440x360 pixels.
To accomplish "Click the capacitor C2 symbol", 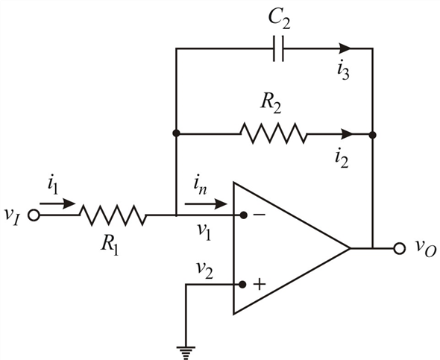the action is [x=278, y=48].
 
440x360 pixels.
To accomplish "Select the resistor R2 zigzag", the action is [x=274, y=133].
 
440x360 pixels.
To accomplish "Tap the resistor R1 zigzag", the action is [x=113, y=215].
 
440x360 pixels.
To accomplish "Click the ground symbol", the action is [x=186, y=353].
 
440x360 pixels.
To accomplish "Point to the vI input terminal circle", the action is [x=34, y=215].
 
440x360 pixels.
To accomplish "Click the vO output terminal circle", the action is [x=399, y=248].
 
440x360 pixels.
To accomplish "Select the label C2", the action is [x=279, y=20].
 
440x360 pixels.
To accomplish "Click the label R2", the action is [x=271, y=104].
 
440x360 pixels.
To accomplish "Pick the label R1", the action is [x=110, y=245].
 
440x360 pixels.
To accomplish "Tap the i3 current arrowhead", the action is [x=345, y=48].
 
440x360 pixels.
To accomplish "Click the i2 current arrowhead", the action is [x=347, y=133].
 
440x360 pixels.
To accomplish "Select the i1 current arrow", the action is [x=57, y=203].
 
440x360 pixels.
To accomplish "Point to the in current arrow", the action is [x=206, y=203].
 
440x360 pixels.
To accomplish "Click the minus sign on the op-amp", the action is [x=260, y=215].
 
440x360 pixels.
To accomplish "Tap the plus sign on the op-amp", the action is [x=260, y=284].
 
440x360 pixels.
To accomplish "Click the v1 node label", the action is [x=204, y=232].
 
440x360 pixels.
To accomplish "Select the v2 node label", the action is [x=204, y=271].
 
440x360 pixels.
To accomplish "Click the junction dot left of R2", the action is [x=176, y=133].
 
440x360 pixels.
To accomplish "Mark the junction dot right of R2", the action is [x=372, y=135].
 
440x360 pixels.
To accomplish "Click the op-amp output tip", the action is [x=351, y=248].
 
